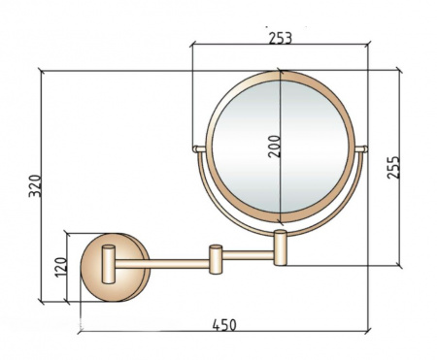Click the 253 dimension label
click(281, 38)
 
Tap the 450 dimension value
click(224, 325)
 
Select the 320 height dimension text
click(35, 185)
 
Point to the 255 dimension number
click(393, 167)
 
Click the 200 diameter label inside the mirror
click(275, 147)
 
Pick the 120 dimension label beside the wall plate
click(61, 267)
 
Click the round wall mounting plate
click(115, 267)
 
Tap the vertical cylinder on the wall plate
click(108, 264)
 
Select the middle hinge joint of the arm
click(216, 259)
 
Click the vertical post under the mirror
click(281, 247)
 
